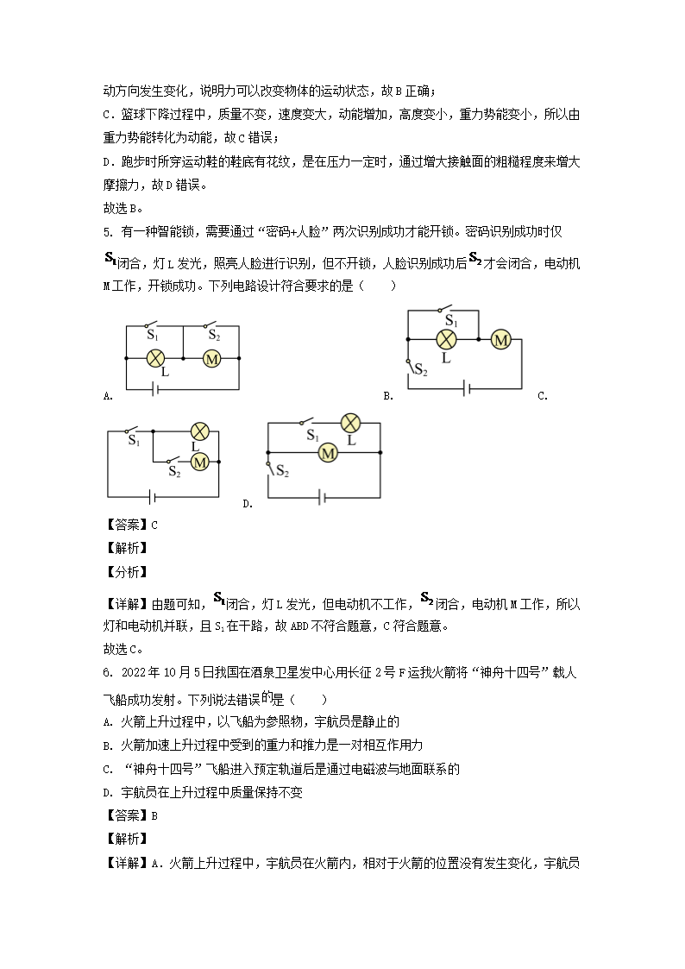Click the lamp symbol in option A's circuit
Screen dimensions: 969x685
coord(155,357)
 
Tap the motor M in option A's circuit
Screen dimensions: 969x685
coord(211,357)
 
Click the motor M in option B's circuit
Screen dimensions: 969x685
coord(500,340)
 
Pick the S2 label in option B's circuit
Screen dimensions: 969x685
coord(420,370)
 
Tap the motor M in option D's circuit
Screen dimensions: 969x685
coord(327,452)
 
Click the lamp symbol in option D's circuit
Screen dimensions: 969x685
coord(350,423)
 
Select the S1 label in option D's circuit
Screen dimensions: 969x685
coord(312,436)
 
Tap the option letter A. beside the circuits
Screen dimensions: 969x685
coord(108,396)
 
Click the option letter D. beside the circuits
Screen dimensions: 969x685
coord(248,504)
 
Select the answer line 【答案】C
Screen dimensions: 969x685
coord(130,525)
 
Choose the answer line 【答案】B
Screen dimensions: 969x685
coord(130,815)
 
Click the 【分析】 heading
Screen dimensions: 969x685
coord(125,571)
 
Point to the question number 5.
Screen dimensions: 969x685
coord(108,231)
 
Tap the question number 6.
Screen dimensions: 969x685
coord(108,673)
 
